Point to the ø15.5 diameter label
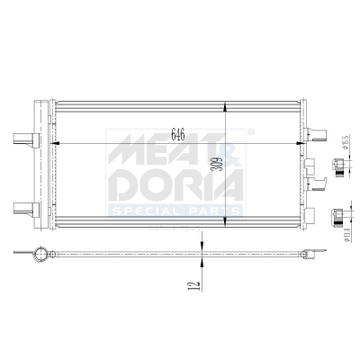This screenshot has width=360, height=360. (x=346, y=144)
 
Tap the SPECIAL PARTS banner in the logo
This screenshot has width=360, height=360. (x=175, y=211)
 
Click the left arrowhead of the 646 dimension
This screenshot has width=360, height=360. (x=57, y=142)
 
